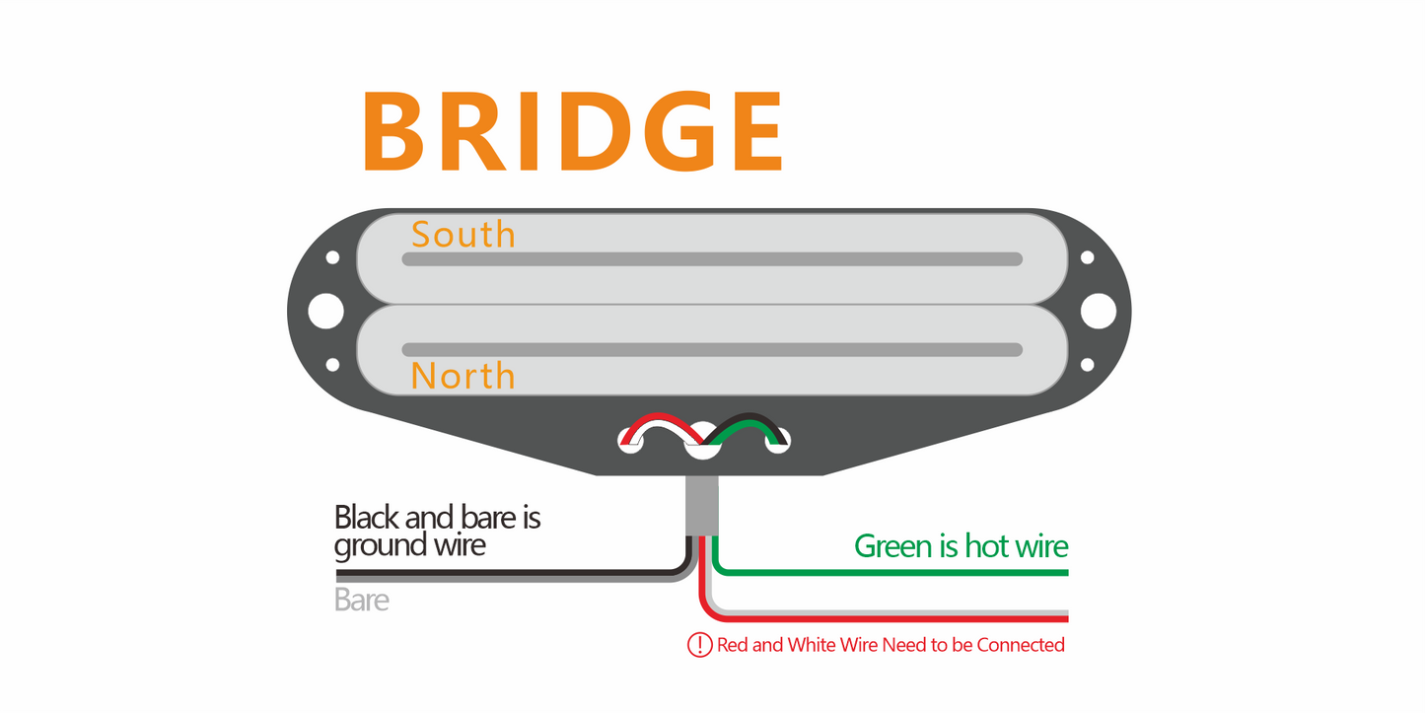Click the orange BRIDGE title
click(x=572, y=132)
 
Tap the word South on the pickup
click(x=463, y=235)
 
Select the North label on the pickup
click(x=463, y=376)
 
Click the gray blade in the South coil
click(x=712, y=259)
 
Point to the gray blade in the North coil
click(x=712, y=350)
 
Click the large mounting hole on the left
click(x=325, y=312)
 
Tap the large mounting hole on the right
click(x=1098, y=312)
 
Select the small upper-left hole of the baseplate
click(x=332, y=257)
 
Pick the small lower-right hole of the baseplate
click(x=1087, y=365)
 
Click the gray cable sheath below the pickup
click(x=701, y=505)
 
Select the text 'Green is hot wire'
click(x=961, y=546)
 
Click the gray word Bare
click(x=361, y=600)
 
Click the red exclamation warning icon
click(x=699, y=645)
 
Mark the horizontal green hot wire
click(x=888, y=571)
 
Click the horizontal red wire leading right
click(x=888, y=619)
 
